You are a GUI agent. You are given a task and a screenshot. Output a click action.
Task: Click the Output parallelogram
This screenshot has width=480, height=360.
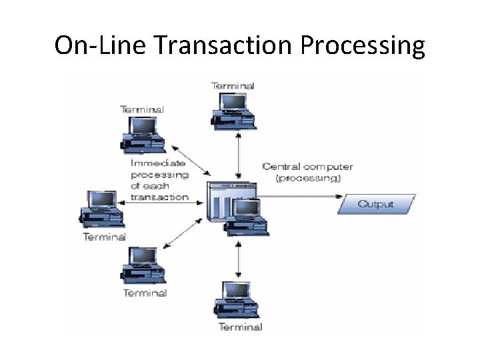pos(376,204)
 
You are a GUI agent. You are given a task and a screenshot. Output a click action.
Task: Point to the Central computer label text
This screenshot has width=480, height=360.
pos(307,167)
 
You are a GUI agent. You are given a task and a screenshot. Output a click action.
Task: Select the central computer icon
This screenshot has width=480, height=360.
pos(237,207)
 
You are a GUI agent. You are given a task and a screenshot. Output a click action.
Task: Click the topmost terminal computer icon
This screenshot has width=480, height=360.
pos(233,109)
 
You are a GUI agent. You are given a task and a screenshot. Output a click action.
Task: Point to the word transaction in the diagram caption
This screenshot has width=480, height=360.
pos(159,197)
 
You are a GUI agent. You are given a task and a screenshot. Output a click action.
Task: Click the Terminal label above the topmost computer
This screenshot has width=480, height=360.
pos(233,85)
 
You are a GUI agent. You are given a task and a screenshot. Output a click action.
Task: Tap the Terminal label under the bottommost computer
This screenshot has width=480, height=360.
pos(240,327)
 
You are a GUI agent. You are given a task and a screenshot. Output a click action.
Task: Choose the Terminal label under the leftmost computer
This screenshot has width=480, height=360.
pos(104,237)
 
